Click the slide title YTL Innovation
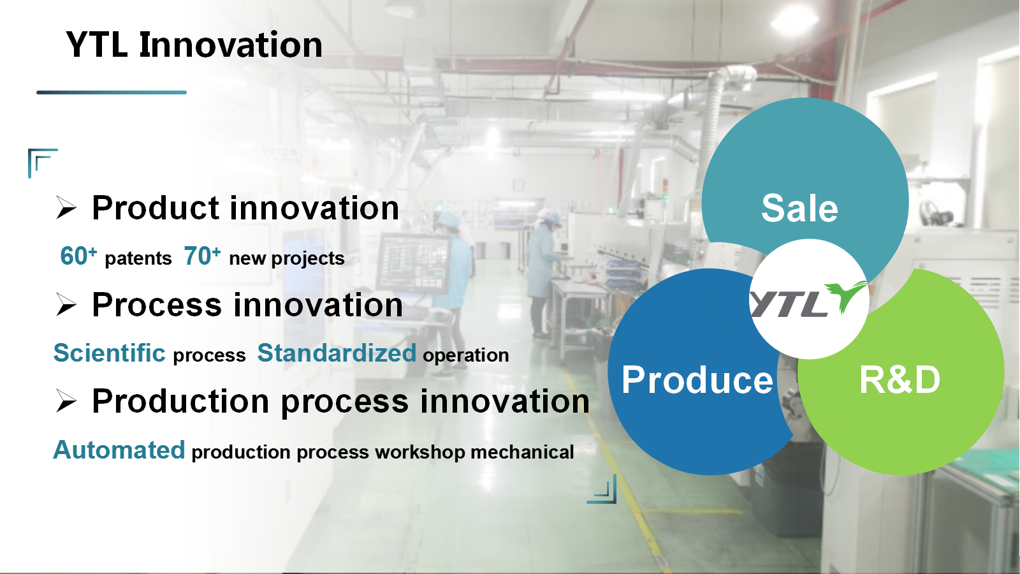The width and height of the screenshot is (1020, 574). click(x=194, y=45)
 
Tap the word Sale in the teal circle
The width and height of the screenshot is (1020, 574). click(x=799, y=208)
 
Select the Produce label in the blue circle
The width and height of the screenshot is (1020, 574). click(x=697, y=380)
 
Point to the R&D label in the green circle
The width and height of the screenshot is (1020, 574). click(x=900, y=379)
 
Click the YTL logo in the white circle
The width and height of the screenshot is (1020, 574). click(x=809, y=299)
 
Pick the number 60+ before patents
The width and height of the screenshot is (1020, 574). click(x=78, y=256)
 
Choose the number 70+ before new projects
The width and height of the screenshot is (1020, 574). click(x=202, y=256)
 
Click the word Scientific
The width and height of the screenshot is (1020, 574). click(x=109, y=353)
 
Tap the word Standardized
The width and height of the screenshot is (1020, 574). click(x=337, y=353)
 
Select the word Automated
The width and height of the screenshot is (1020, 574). click(x=119, y=450)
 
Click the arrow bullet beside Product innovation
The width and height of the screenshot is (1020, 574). click(x=66, y=208)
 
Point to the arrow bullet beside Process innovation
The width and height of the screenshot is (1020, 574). click(x=66, y=305)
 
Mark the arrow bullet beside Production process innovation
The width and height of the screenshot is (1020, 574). click(x=66, y=401)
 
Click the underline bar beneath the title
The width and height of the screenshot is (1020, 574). click(x=112, y=92)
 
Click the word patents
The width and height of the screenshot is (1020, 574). click(x=138, y=259)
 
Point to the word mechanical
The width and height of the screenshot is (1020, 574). click(x=522, y=452)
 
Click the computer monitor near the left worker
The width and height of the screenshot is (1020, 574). click(x=413, y=262)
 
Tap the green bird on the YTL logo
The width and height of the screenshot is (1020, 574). click(x=845, y=297)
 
